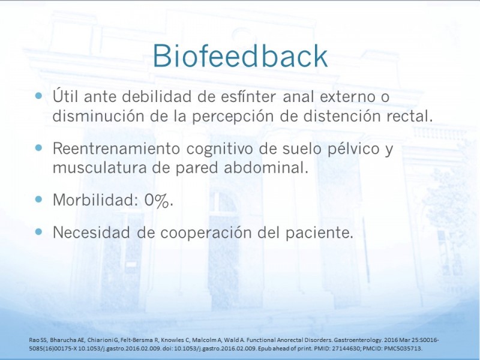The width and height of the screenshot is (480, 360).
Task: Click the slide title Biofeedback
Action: (241, 55)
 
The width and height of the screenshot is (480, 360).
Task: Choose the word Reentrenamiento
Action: (116, 148)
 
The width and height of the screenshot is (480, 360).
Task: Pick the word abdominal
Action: (266, 167)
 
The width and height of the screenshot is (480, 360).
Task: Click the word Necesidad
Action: (91, 232)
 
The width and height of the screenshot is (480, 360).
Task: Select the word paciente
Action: (319, 233)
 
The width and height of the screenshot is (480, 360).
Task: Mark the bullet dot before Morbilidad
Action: (38, 200)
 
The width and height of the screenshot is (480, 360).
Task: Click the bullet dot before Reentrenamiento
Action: (38, 148)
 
